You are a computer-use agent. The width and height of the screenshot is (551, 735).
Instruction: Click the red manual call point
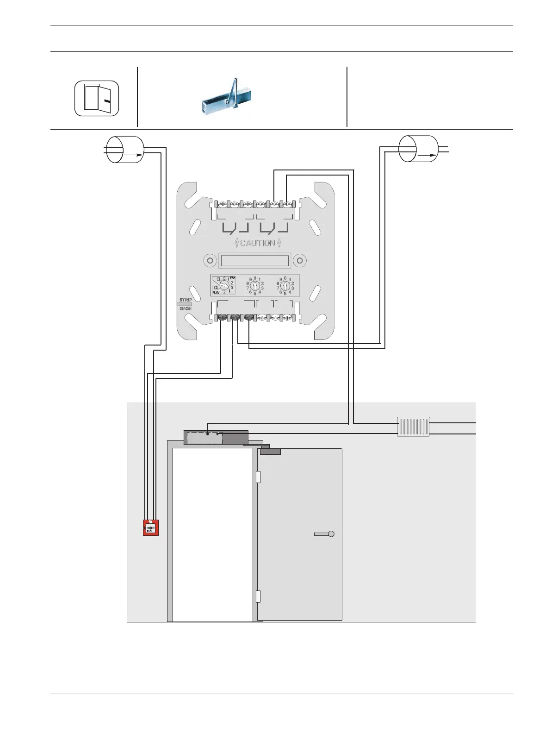click(x=151, y=528)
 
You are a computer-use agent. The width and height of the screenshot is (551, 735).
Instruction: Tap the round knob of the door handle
click(x=331, y=534)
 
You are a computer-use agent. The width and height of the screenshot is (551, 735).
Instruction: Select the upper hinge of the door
click(x=258, y=477)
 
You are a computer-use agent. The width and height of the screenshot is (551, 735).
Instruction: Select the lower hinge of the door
click(x=258, y=596)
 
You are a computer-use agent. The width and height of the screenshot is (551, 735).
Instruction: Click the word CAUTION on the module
click(x=258, y=243)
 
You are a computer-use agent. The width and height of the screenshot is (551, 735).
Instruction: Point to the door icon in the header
click(x=97, y=98)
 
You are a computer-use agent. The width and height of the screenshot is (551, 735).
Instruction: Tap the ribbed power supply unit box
click(x=414, y=427)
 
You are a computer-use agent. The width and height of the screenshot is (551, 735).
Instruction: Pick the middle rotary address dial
click(x=255, y=286)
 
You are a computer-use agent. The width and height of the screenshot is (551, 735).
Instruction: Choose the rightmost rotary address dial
click(x=285, y=286)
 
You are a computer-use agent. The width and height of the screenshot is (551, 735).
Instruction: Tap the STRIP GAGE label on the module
click(x=185, y=304)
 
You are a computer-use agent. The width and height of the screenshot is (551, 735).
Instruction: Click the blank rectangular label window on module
click(x=255, y=260)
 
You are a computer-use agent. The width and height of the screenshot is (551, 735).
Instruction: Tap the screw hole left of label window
click(x=210, y=260)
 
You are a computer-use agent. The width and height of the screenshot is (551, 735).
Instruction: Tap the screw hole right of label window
click(x=300, y=260)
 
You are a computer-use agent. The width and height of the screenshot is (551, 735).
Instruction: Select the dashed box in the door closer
click(x=204, y=438)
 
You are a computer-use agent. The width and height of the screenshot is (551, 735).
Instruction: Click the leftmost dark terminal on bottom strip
click(x=222, y=317)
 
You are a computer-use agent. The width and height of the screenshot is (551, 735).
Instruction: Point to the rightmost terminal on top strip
click(x=288, y=204)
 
